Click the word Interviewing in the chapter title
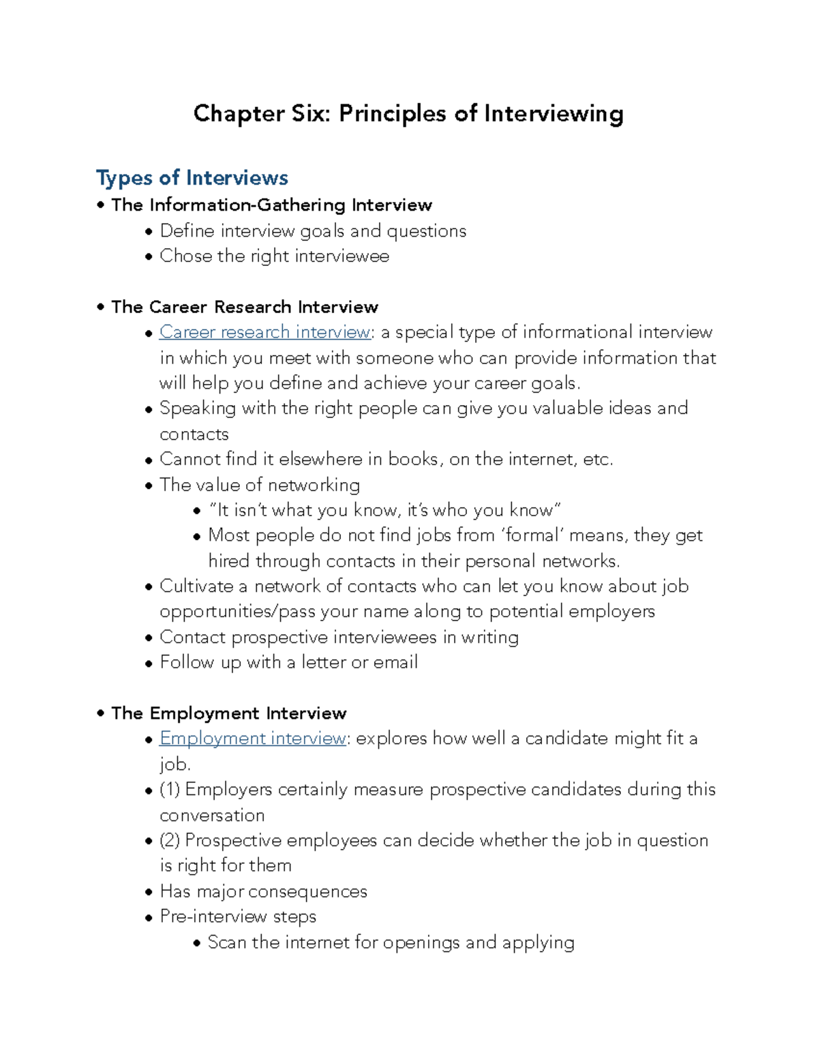[x=553, y=114]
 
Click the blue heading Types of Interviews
[x=192, y=178]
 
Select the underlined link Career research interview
[x=264, y=332]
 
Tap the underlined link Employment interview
[x=252, y=739]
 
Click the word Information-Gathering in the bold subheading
[x=247, y=205]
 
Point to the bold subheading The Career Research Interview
[x=244, y=307]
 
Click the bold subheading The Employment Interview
[x=228, y=713]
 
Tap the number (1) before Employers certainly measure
[x=170, y=790]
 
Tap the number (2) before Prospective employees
[x=170, y=840]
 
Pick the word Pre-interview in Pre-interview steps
[x=213, y=916]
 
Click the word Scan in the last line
[x=226, y=942]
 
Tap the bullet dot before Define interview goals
[x=149, y=233]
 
